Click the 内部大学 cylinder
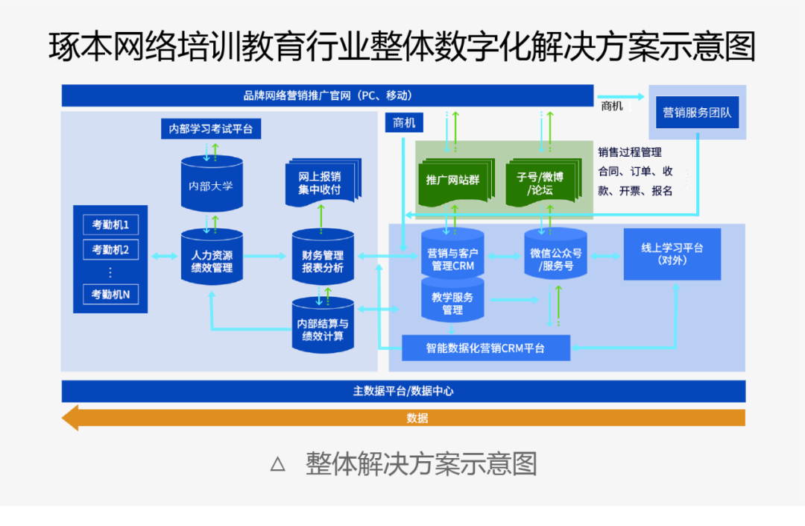(212, 184)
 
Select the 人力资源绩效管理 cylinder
(212, 257)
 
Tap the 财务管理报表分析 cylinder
(323, 257)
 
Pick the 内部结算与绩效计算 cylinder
(323, 325)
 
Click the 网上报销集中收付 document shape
(323, 183)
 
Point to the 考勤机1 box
(111, 225)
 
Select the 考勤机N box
(111, 294)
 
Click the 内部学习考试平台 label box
(211, 128)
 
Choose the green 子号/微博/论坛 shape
(543, 182)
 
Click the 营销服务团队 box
(697, 113)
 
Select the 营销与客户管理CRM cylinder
(452, 254)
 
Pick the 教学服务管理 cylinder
(452, 301)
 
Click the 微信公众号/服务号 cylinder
(555, 254)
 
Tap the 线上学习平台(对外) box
(672, 254)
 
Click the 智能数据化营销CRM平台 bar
(486, 348)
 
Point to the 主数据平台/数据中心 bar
(403, 392)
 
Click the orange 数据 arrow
(403, 418)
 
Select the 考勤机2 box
(111, 250)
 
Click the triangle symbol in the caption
(278, 464)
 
